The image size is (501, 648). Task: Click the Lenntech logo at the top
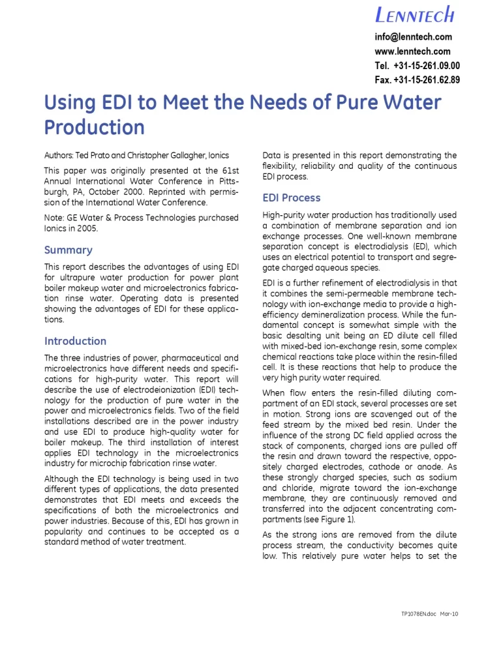(414, 14)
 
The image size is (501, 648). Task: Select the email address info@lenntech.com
(413, 37)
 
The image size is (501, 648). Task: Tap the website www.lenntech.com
(412, 52)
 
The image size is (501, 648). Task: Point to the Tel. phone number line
(417, 66)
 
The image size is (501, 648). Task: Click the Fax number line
(417, 80)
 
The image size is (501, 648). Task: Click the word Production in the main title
(94, 126)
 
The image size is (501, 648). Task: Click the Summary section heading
(68, 250)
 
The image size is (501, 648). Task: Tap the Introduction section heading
(75, 341)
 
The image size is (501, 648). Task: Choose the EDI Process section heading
(292, 198)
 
